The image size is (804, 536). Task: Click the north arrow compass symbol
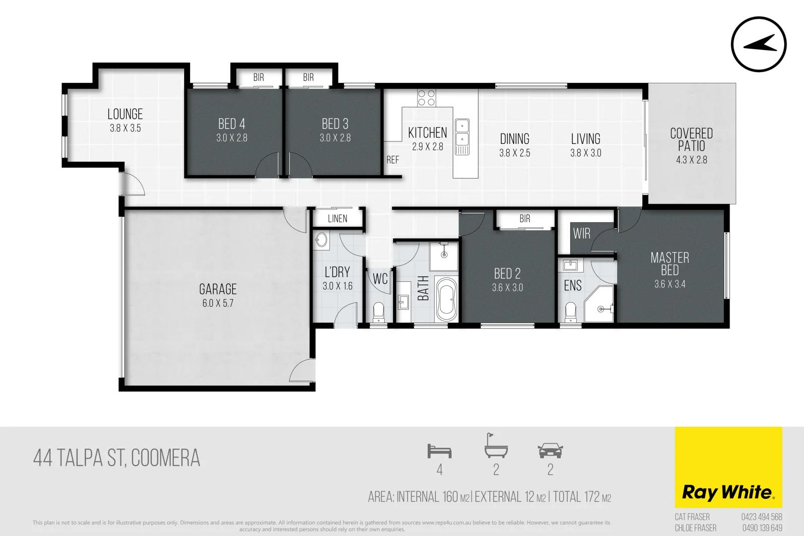tap(758, 44)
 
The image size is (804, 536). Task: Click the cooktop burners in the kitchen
tap(426, 98)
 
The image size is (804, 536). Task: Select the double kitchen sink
tap(462, 132)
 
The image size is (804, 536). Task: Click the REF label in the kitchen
tap(393, 160)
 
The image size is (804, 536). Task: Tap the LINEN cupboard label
tap(337, 218)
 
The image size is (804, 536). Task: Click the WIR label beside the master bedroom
tap(582, 233)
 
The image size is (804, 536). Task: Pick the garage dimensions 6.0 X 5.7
tap(218, 303)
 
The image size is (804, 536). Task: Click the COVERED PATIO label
tap(691, 139)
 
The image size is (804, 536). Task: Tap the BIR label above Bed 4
tap(259, 77)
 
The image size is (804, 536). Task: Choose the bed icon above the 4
tap(439, 451)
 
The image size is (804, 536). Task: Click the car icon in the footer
tap(550, 451)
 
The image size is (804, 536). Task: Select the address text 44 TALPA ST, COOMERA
tap(117, 458)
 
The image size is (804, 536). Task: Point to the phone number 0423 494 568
tap(761, 517)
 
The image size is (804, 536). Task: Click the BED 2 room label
tap(507, 273)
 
